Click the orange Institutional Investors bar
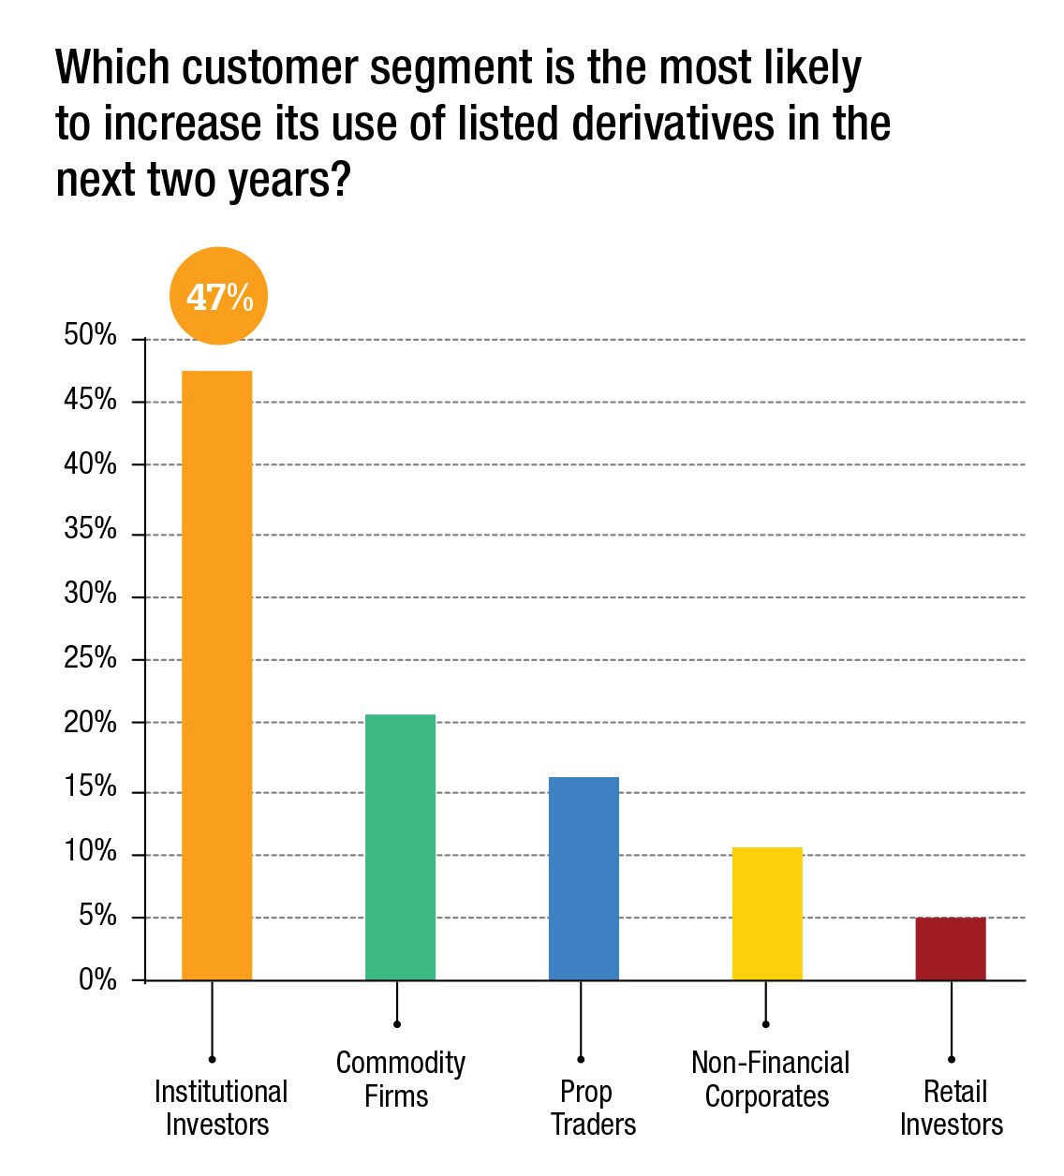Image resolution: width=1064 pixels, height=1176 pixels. coord(216,674)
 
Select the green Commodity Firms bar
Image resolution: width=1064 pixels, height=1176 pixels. coord(400,847)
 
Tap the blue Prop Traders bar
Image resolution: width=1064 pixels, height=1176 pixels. coord(584,878)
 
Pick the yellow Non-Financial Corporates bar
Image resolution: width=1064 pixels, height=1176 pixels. coord(767,913)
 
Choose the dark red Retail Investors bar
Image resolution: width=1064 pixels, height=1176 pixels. coord(951,948)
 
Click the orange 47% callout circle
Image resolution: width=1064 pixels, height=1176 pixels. coord(218,297)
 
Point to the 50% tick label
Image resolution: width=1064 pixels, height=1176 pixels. coord(91,335)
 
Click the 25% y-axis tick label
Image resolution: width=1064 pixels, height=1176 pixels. coord(91,658)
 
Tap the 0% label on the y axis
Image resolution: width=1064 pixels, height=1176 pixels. coord(97,980)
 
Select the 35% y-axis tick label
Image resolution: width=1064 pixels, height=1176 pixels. coord(91,530)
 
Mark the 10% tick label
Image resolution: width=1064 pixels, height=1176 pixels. coord(91,852)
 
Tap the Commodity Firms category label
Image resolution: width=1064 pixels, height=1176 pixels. coord(400,1079)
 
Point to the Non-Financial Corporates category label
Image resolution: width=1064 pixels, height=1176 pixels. coord(769,1079)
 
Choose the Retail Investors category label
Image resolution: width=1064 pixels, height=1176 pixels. coord(953,1108)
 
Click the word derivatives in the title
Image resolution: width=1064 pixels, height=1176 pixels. coord(672,124)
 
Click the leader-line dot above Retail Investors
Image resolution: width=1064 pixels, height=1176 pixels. coord(952,1060)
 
